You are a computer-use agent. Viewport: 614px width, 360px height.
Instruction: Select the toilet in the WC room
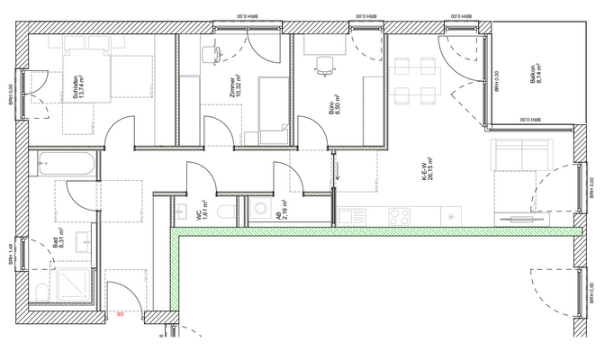pos(228,211)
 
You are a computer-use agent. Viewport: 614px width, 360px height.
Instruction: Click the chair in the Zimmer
pos(212,54)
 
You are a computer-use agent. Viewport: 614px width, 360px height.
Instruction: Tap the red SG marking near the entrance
pos(120,312)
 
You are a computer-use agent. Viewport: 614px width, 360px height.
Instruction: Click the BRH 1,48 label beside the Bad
pos(12,254)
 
